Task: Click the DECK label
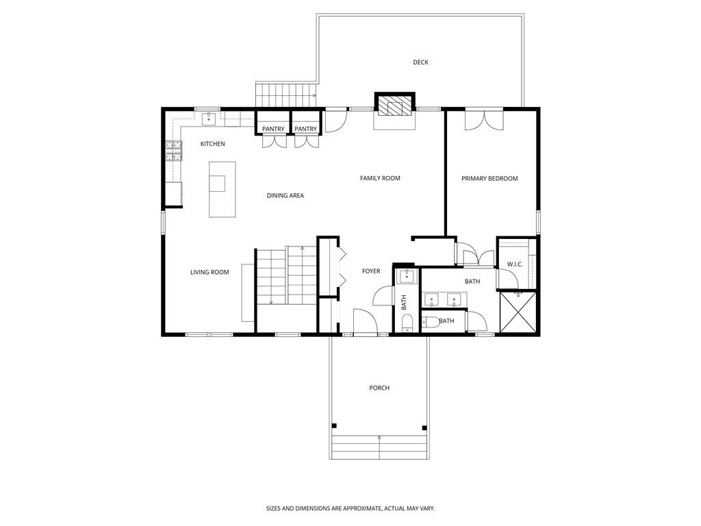tap(420, 62)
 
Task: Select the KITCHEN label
tap(212, 144)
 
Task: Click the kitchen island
tap(222, 189)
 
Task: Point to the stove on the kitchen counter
tap(173, 150)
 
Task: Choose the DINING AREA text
tap(285, 196)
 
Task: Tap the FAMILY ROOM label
tap(380, 178)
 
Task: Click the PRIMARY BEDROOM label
tap(489, 178)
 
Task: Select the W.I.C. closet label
tap(515, 264)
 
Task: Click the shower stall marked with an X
tap(518, 313)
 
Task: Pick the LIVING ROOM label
tap(209, 273)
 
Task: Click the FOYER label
tap(371, 271)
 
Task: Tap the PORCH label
tap(379, 388)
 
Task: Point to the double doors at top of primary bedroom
tap(483, 119)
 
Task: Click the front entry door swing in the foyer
tap(363, 321)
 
